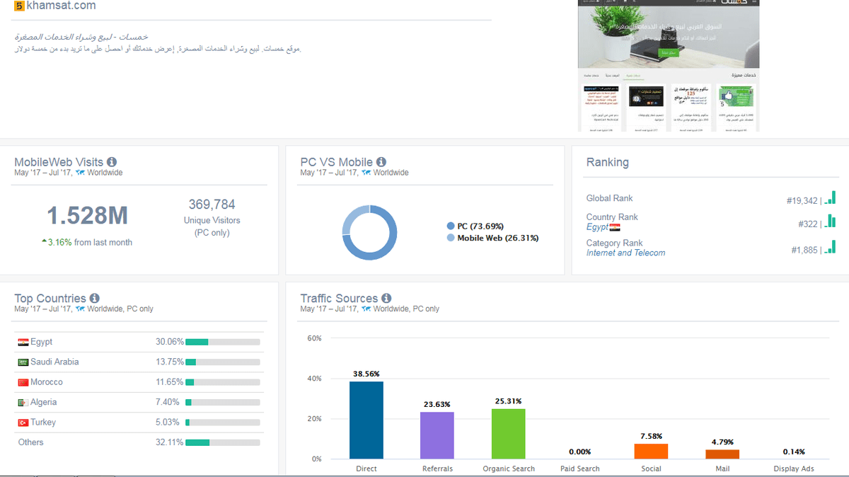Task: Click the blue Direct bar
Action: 366,420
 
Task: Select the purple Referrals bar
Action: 437,435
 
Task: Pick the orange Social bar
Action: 651,451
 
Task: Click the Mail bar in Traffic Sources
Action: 722,454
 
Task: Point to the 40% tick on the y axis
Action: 314,379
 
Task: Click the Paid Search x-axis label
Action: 579,469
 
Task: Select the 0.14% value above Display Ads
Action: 794,452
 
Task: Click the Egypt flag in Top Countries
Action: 23,343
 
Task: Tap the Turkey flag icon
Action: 23,423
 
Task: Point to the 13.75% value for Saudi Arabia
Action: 169,362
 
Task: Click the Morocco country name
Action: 47,382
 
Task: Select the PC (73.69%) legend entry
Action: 480,226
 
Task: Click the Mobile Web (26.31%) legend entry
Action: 497,238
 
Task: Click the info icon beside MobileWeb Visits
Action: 112,162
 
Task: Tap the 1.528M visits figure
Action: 88,215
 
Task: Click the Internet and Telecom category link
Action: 625,253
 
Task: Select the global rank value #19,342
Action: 802,201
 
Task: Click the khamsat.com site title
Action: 61,6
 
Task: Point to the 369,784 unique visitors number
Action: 212,205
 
